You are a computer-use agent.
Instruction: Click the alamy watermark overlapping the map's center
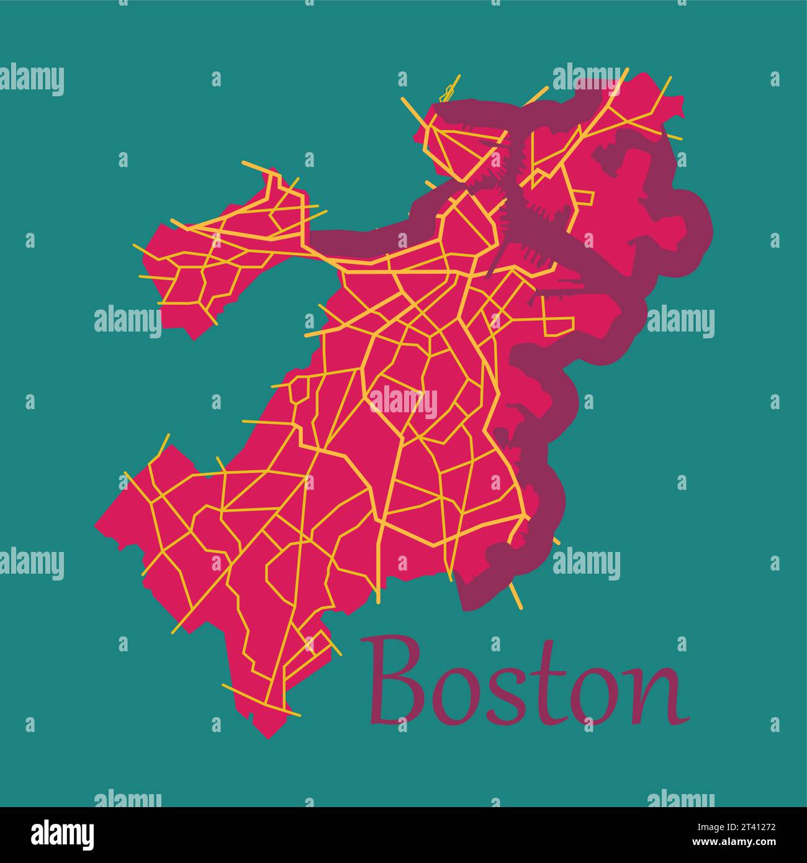click(403, 401)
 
